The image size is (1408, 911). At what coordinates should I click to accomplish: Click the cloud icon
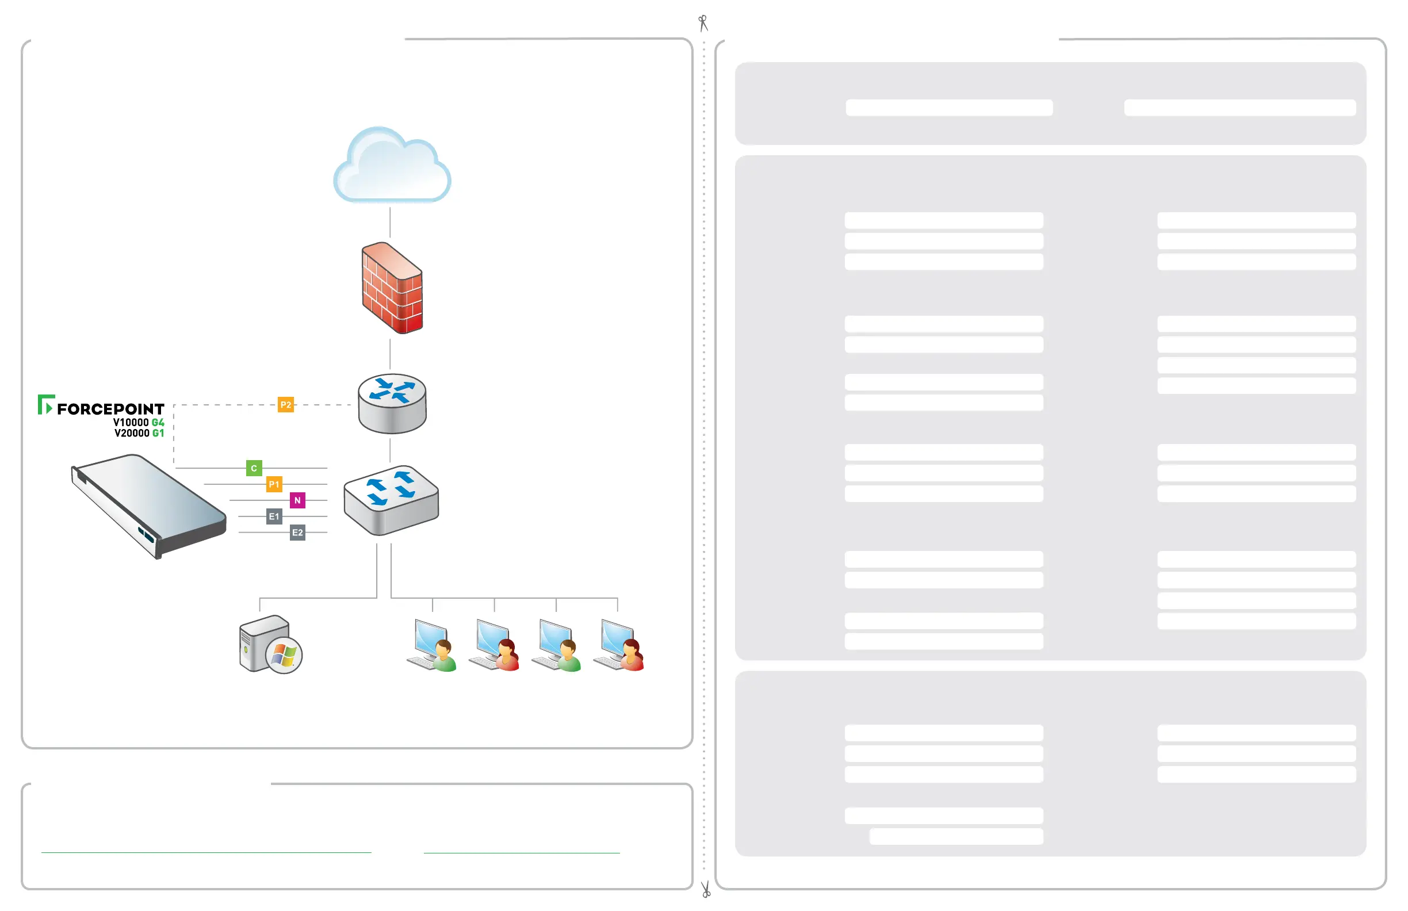[x=392, y=166]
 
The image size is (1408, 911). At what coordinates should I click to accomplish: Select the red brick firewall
[x=392, y=288]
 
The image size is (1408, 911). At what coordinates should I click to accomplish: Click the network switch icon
[x=391, y=500]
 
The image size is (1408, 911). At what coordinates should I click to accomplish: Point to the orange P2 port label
[x=286, y=405]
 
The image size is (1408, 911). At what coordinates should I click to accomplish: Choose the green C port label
[x=254, y=468]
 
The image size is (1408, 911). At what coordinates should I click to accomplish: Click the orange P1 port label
[x=274, y=484]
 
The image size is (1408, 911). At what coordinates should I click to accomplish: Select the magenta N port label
[x=297, y=500]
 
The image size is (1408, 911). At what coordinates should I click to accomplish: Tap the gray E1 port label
[x=274, y=516]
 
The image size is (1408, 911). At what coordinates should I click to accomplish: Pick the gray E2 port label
[x=297, y=533]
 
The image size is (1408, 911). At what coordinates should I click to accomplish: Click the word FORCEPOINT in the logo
[x=110, y=409]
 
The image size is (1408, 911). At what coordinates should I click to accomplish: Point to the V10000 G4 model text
[x=139, y=422]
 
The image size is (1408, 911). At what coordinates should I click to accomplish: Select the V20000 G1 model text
[x=139, y=433]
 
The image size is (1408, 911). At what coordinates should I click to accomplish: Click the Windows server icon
[x=270, y=645]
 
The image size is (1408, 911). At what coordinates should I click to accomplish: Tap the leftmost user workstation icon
[x=433, y=645]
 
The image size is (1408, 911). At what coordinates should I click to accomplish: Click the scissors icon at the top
[x=703, y=22]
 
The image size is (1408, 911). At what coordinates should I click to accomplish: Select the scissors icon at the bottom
[x=705, y=890]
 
